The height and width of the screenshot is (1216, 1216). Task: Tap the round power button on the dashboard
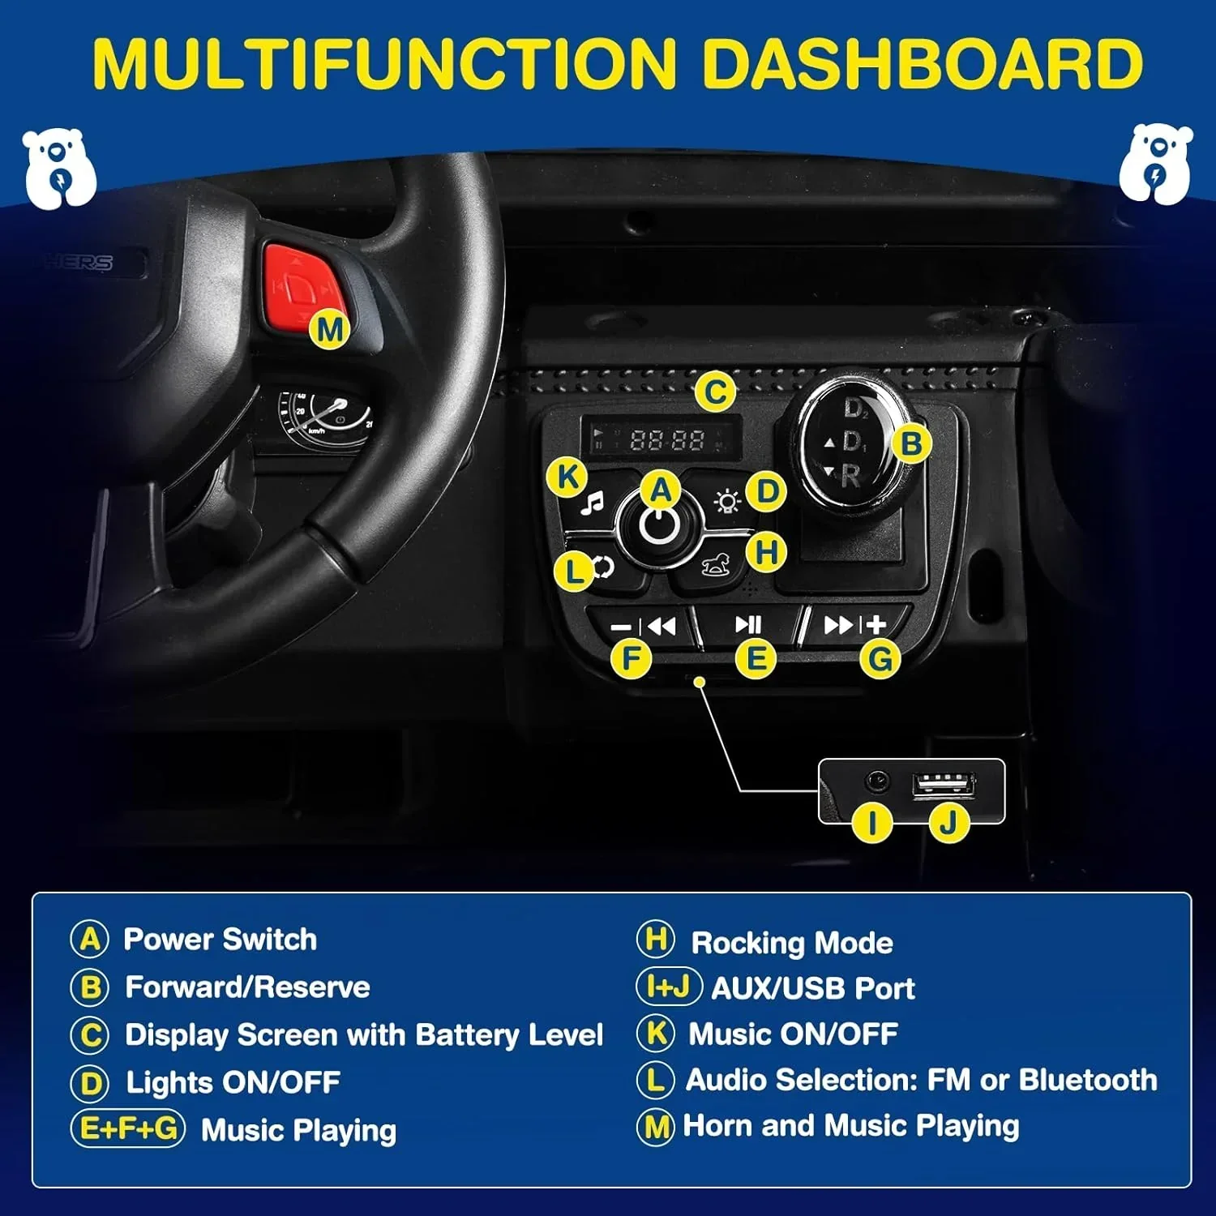pyautogui.click(x=659, y=525)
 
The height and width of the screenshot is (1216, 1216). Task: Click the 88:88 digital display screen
pyautogui.click(x=662, y=439)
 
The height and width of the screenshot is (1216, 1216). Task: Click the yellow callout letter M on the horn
pyautogui.click(x=330, y=329)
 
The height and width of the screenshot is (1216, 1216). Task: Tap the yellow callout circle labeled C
pyautogui.click(x=715, y=392)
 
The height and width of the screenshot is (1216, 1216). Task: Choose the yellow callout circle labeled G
pyautogui.click(x=880, y=659)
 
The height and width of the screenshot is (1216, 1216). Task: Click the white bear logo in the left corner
pyautogui.click(x=59, y=168)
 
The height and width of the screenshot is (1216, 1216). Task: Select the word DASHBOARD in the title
pyautogui.click(x=922, y=63)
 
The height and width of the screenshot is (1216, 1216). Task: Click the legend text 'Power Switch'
pyautogui.click(x=220, y=939)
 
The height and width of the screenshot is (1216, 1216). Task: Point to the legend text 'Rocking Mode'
pyautogui.click(x=791, y=943)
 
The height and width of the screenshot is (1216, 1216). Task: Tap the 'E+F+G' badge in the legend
pyautogui.click(x=128, y=1128)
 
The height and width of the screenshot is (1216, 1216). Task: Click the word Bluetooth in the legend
pyautogui.click(x=1088, y=1080)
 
